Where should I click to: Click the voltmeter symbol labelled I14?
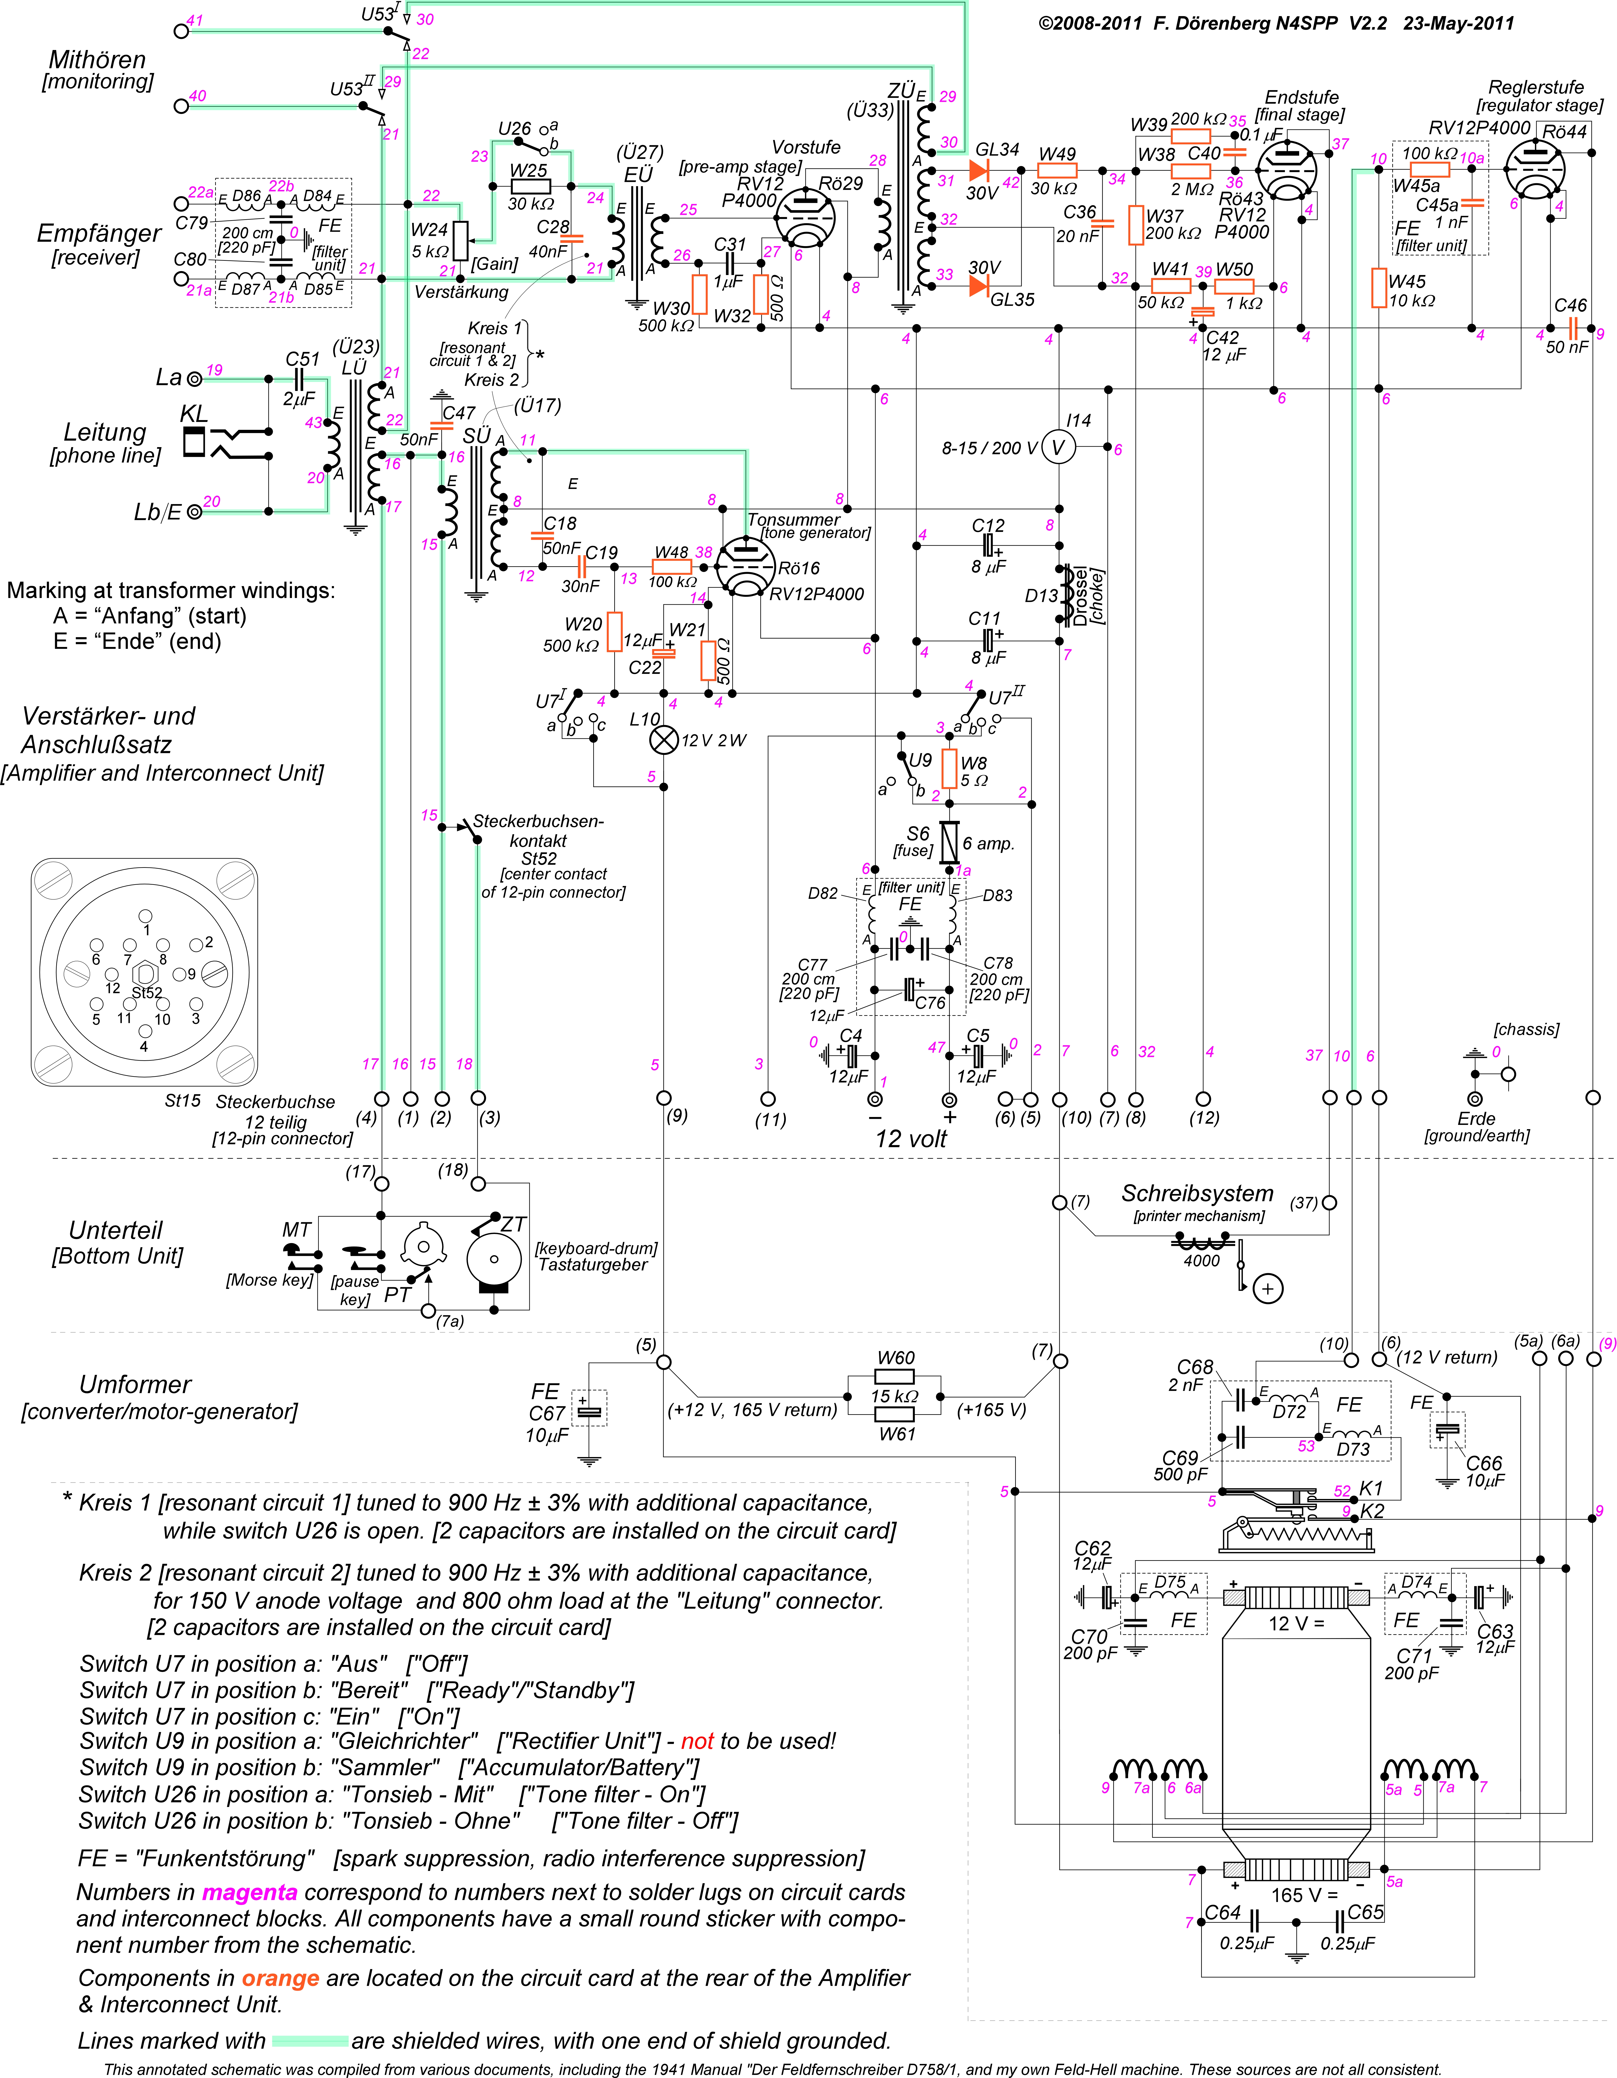click(1058, 447)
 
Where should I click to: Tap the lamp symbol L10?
click(663, 739)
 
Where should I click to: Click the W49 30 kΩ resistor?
click(1057, 171)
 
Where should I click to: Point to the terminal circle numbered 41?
click(182, 30)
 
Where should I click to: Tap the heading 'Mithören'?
click(97, 59)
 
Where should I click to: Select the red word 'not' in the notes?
click(697, 1741)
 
